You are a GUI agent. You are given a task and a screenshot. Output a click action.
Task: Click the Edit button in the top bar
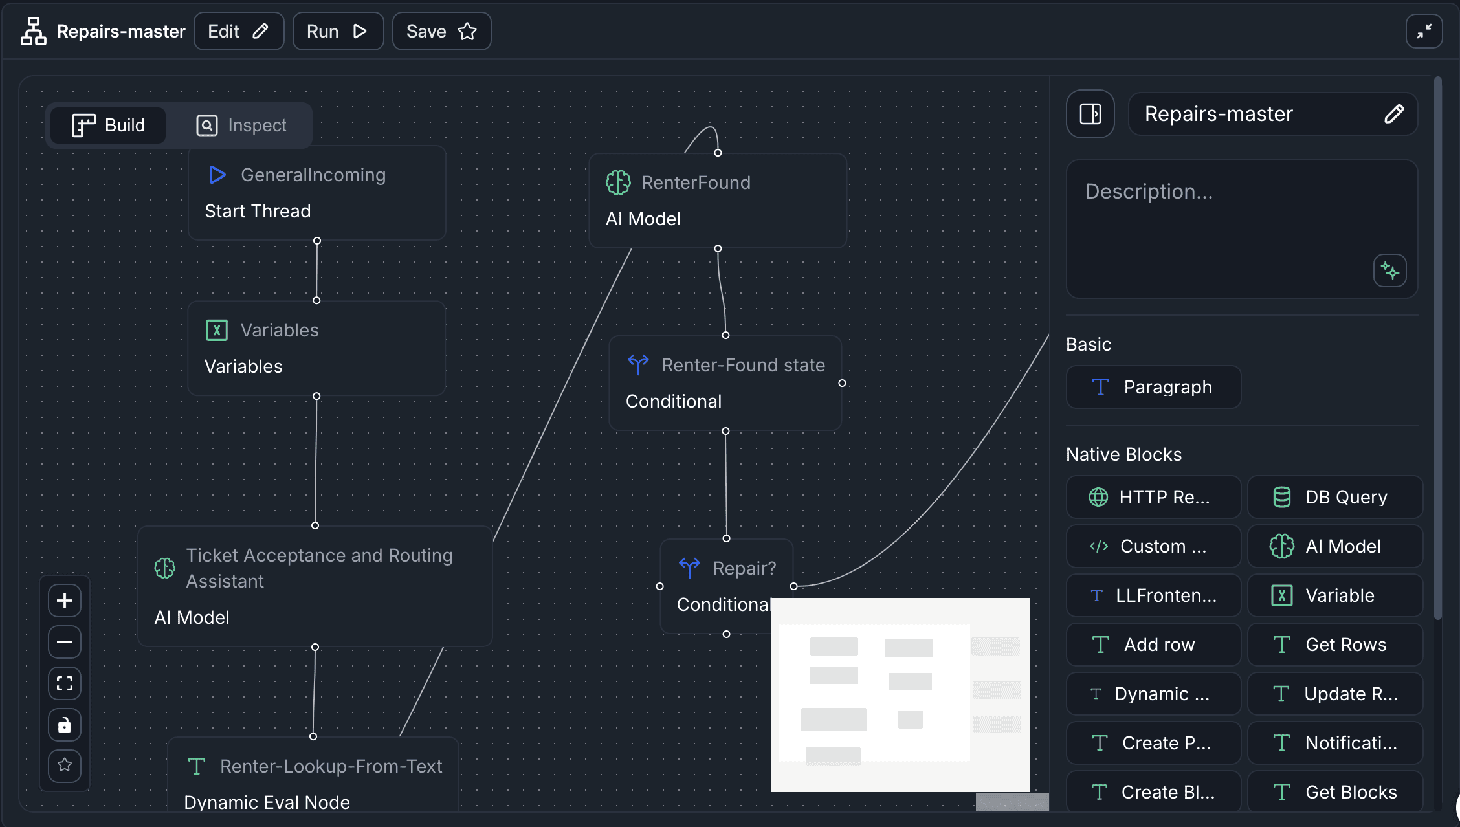(238, 31)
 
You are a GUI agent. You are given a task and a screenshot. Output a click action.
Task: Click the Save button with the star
(441, 31)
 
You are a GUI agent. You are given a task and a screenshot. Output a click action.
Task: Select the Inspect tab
(241, 125)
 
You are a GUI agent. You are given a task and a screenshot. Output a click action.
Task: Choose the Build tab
(109, 125)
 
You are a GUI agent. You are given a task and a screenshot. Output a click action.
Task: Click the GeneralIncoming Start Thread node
(316, 193)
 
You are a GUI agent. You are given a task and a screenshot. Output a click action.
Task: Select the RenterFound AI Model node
(717, 201)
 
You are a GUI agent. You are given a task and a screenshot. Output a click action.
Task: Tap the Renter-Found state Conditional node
(725, 383)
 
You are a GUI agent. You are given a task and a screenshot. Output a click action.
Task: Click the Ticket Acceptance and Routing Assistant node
(315, 586)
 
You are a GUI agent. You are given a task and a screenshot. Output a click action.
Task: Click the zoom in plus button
(65, 601)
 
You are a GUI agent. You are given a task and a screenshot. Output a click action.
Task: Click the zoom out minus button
(65, 642)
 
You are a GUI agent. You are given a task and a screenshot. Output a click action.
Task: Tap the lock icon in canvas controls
(65, 725)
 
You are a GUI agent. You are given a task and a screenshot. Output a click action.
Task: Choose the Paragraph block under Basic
(1153, 387)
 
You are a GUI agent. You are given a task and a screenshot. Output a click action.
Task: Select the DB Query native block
(1334, 497)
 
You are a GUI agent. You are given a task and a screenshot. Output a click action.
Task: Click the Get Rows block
(1334, 645)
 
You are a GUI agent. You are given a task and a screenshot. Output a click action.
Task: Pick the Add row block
(1153, 645)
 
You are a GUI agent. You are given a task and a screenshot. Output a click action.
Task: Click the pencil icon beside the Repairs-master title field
(1393, 114)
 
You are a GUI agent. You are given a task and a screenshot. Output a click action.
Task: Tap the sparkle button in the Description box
(1389, 270)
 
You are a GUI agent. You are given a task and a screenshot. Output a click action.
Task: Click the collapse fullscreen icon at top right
(1424, 31)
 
